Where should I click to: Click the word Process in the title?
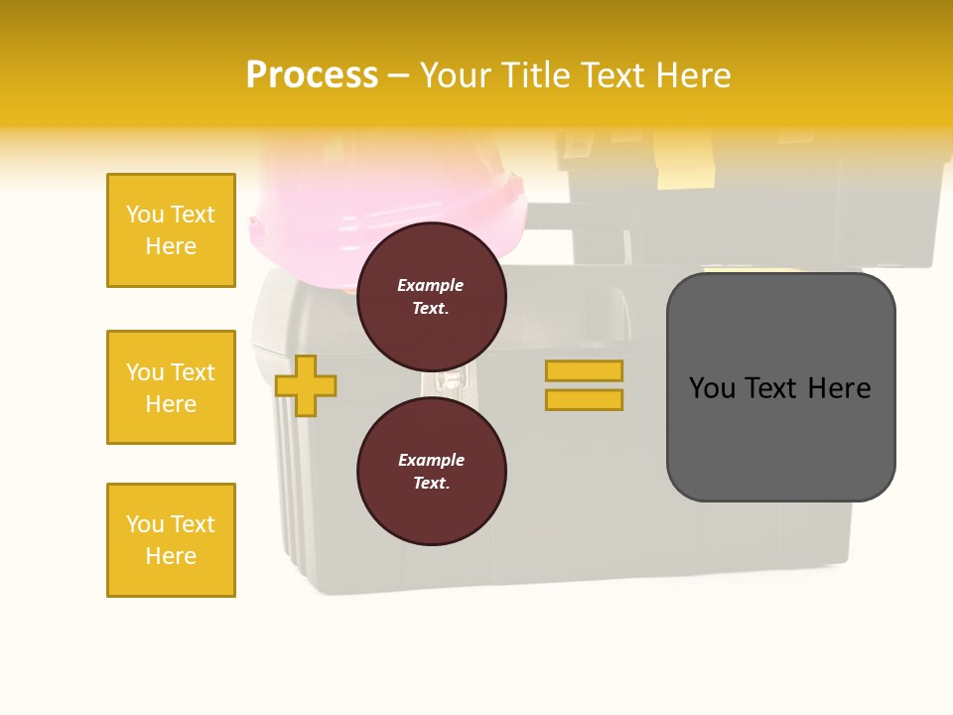pos(312,75)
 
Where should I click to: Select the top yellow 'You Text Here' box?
pos(171,230)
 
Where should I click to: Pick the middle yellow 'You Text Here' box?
pos(171,387)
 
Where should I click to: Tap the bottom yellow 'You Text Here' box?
pos(171,540)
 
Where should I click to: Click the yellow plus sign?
pos(306,385)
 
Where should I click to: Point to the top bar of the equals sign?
pos(584,370)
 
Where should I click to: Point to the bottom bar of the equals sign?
pos(584,399)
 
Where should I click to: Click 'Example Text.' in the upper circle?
pos(431,297)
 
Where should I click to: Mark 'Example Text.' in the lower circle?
pos(432,472)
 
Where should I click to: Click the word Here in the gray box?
pos(839,388)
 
